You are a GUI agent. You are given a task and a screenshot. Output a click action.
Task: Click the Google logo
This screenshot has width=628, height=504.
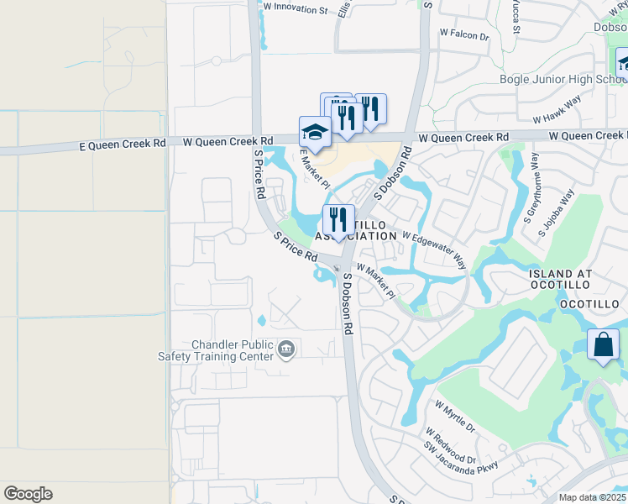(x=28, y=494)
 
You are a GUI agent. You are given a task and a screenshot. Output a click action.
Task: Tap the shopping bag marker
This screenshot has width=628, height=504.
(x=604, y=345)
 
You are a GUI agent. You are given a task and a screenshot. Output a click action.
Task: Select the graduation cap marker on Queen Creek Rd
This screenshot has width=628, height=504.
(x=315, y=133)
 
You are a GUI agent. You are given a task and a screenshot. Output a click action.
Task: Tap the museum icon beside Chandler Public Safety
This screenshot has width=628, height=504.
(x=286, y=349)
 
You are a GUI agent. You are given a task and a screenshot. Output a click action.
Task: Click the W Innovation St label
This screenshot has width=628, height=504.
(x=295, y=8)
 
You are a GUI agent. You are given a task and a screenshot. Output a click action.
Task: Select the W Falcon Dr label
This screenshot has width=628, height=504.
(x=463, y=35)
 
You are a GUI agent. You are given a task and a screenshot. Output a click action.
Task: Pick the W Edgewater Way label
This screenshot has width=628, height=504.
(x=435, y=249)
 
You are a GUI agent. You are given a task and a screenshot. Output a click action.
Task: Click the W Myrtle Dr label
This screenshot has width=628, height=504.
(x=454, y=416)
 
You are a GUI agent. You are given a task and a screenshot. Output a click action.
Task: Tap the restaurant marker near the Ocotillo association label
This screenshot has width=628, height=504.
(x=338, y=220)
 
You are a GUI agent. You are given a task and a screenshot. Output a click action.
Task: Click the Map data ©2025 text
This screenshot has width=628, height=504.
(x=593, y=497)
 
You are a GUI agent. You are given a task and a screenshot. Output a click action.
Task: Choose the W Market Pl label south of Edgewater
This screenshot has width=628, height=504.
(x=375, y=281)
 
